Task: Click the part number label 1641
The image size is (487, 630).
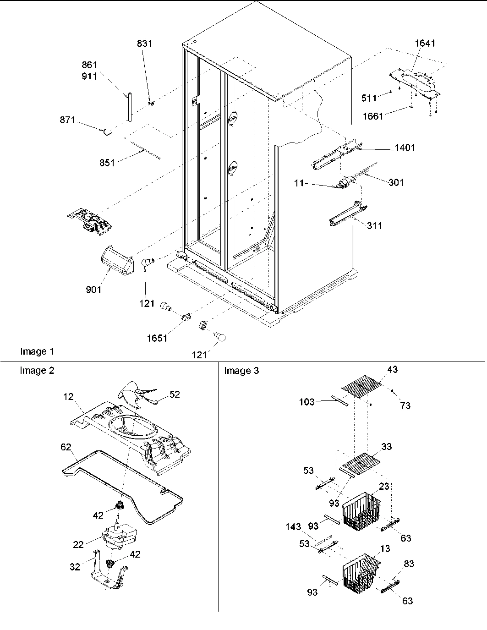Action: pos(425,43)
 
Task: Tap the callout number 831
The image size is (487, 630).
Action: pos(144,44)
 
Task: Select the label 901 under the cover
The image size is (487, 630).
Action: pos(93,290)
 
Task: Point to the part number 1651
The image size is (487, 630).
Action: pos(157,339)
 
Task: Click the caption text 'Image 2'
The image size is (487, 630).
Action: pos(37,371)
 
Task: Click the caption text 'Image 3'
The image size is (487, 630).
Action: pos(241,371)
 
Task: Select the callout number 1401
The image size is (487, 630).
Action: pos(403,148)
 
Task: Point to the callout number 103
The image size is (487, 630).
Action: pos(306,402)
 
